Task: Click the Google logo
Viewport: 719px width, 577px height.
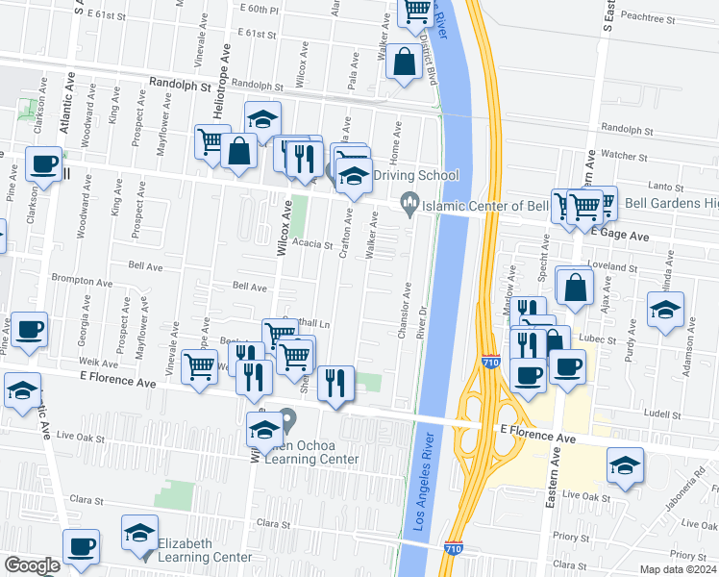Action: coord(32,565)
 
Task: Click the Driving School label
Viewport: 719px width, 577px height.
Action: coord(416,175)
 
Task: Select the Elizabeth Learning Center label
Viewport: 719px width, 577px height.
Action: coord(199,550)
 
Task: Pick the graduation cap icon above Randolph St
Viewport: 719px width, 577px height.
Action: coord(262,118)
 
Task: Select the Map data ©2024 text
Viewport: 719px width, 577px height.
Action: coord(679,569)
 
